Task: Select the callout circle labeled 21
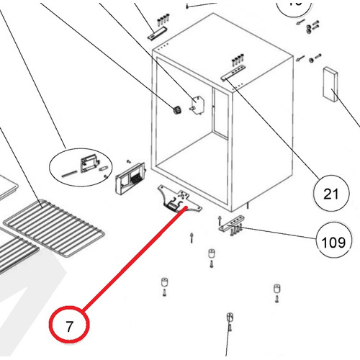330,193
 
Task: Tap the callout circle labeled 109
331,242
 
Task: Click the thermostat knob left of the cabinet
174,111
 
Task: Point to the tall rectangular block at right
332,84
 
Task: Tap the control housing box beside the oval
128,176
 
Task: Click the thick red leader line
130,260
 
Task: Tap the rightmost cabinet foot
276,290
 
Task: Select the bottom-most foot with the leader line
229,318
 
